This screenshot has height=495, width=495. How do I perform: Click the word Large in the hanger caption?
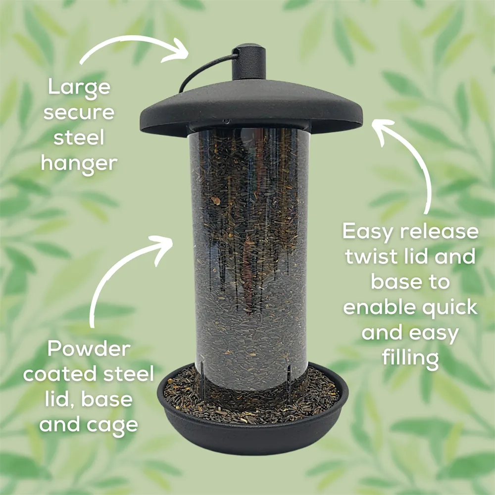(x=79, y=88)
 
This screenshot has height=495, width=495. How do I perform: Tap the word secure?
(x=79, y=113)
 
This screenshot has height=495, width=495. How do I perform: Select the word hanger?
(x=79, y=162)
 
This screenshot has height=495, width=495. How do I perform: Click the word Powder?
(x=89, y=349)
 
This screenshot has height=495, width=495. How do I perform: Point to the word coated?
(x=59, y=374)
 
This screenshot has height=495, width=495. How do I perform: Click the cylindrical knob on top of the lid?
(x=249, y=61)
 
